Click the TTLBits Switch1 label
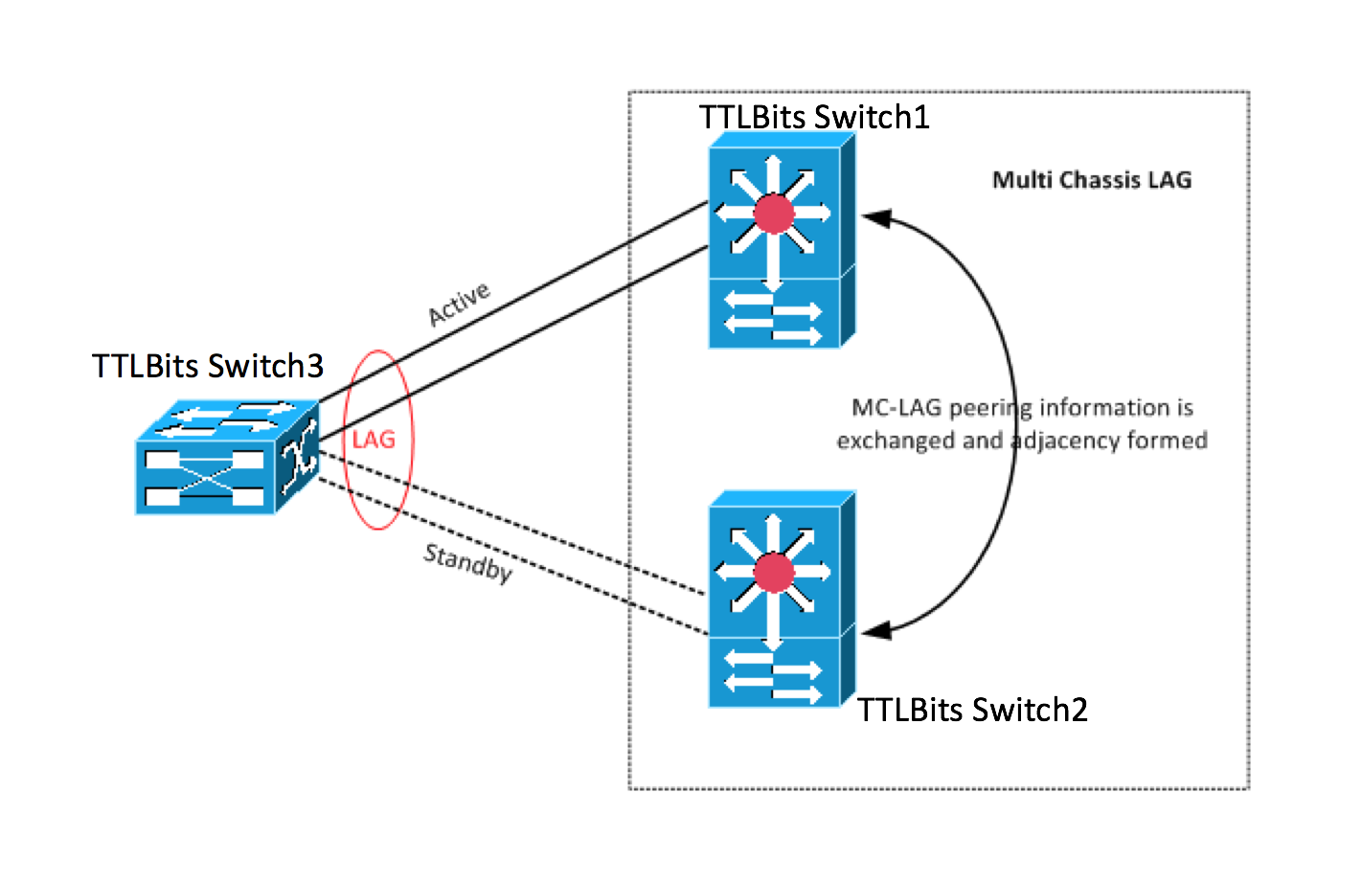click(x=814, y=117)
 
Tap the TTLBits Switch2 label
click(x=972, y=710)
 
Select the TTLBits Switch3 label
click(x=208, y=366)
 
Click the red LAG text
click(x=374, y=440)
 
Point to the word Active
click(x=459, y=304)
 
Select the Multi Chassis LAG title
click(x=1092, y=180)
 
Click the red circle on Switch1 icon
click(x=774, y=214)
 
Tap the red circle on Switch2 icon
click(x=774, y=573)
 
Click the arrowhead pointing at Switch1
click(x=875, y=218)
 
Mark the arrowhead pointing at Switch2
click(x=875, y=630)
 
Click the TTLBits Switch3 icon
click(x=227, y=458)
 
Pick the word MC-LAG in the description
click(x=897, y=408)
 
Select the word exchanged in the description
click(x=896, y=441)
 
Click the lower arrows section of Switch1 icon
click(x=773, y=313)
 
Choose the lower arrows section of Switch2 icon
click(x=773, y=672)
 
